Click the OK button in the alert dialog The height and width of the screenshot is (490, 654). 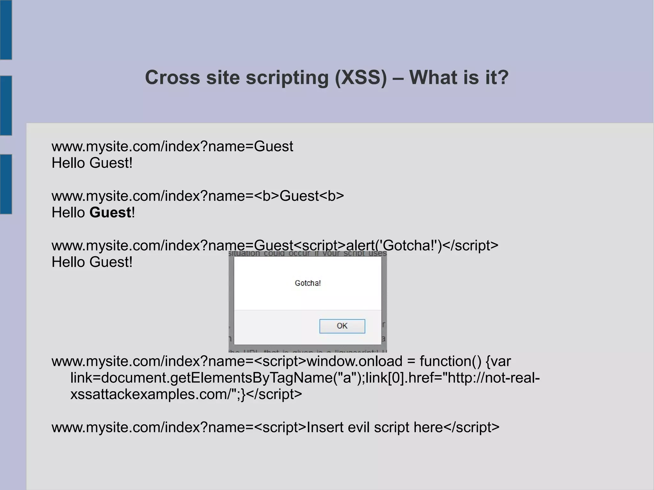(x=342, y=326)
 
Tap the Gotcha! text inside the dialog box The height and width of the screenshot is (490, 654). (x=308, y=283)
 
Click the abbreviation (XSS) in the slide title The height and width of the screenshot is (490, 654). (x=361, y=78)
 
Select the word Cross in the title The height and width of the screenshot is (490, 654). (x=172, y=78)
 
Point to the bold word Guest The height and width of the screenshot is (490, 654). (x=110, y=213)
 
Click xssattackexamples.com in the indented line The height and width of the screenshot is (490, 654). (x=150, y=394)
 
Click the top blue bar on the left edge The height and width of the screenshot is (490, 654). (x=6, y=30)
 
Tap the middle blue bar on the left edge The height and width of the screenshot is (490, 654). (x=6, y=105)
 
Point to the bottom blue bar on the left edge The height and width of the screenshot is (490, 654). (x=6, y=184)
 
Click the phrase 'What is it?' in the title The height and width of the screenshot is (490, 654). (x=459, y=78)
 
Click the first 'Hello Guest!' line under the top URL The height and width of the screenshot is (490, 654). (x=92, y=163)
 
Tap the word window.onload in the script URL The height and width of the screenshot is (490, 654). (x=354, y=361)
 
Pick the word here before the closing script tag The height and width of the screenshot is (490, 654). (x=428, y=427)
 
